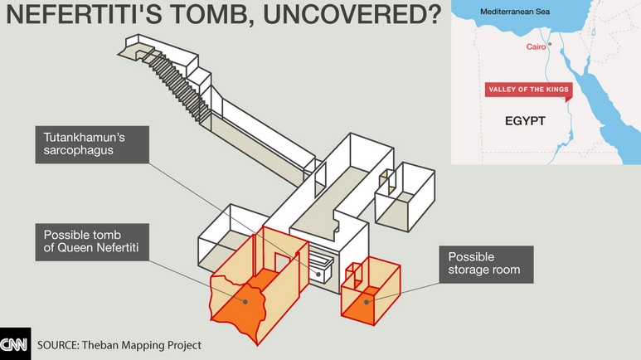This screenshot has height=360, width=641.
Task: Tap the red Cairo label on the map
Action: tap(537, 46)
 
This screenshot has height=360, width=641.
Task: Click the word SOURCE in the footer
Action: tap(57, 344)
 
